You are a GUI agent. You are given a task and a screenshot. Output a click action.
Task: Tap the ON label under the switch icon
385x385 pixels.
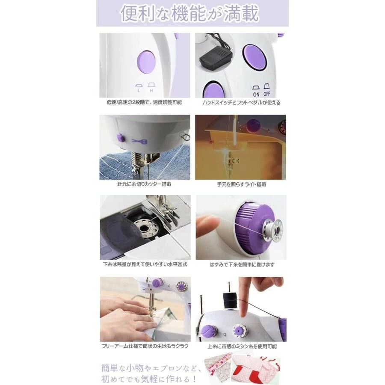(x=256, y=94)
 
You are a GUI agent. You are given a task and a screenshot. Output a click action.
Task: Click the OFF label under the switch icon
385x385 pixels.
(x=267, y=94)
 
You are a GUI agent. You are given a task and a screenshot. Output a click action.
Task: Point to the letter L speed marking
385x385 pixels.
(x=139, y=91)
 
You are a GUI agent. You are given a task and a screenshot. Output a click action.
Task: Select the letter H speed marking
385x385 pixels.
(x=151, y=91)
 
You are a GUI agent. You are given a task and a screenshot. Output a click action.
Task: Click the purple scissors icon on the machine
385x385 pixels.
(x=139, y=141)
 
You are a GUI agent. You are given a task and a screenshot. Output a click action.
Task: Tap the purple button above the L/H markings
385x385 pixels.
(x=147, y=62)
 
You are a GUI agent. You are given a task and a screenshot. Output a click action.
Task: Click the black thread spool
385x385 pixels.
(x=230, y=300)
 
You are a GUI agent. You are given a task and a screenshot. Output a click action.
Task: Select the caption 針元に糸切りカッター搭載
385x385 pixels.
(x=144, y=184)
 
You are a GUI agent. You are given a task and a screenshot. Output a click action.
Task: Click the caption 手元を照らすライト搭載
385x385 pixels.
(x=241, y=184)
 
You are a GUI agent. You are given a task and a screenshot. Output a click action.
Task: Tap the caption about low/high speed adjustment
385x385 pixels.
(x=145, y=102)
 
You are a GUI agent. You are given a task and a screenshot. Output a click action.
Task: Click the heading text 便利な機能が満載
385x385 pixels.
(x=190, y=13)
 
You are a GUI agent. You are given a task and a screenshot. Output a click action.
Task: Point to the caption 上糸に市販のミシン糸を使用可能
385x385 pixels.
(x=242, y=346)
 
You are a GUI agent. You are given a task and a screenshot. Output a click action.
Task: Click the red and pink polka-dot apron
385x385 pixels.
(x=255, y=369)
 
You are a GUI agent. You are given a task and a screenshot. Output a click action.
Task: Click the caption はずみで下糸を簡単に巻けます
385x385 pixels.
(x=242, y=264)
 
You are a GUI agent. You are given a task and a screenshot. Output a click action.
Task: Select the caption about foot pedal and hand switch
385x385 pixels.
(x=241, y=102)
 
